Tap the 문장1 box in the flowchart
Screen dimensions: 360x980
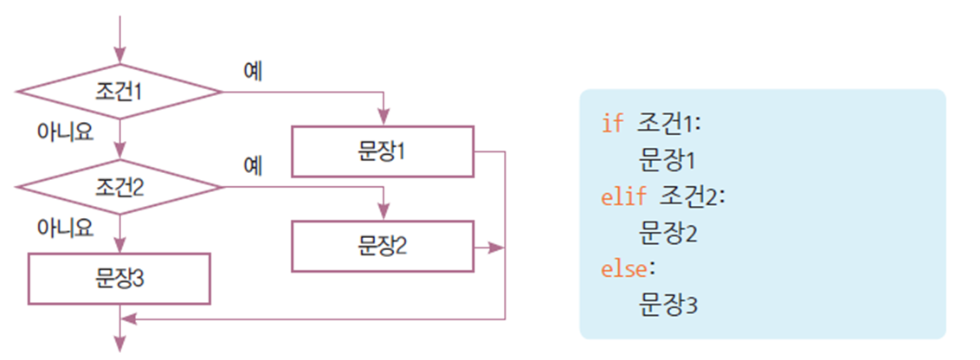[x=382, y=151]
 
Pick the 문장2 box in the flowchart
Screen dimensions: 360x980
[x=382, y=247]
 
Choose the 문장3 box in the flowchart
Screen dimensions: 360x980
[x=119, y=278]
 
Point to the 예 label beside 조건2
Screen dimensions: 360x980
[x=253, y=165]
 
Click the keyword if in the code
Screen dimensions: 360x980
[x=612, y=124]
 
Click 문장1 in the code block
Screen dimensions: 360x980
[x=668, y=161]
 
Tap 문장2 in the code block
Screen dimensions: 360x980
[x=668, y=234]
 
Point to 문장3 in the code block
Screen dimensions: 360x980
[x=668, y=306]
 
